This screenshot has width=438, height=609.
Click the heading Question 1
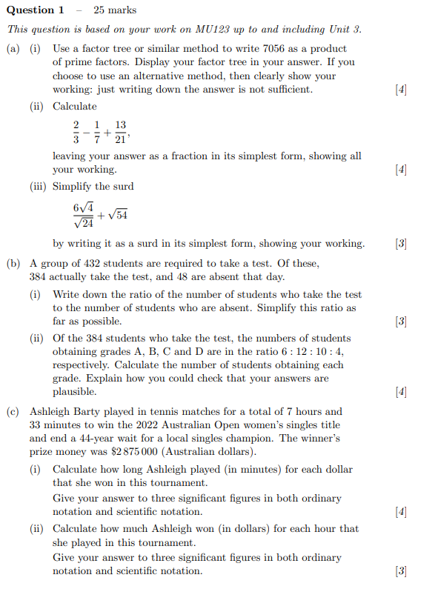tap(35, 10)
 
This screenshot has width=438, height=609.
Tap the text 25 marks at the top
tap(115, 10)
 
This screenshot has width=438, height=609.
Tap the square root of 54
tap(117, 215)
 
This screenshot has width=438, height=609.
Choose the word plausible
tap(74, 391)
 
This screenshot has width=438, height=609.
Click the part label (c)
tap(13, 411)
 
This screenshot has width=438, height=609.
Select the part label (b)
tap(13, 263)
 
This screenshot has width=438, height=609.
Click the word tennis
tap(162, 411)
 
